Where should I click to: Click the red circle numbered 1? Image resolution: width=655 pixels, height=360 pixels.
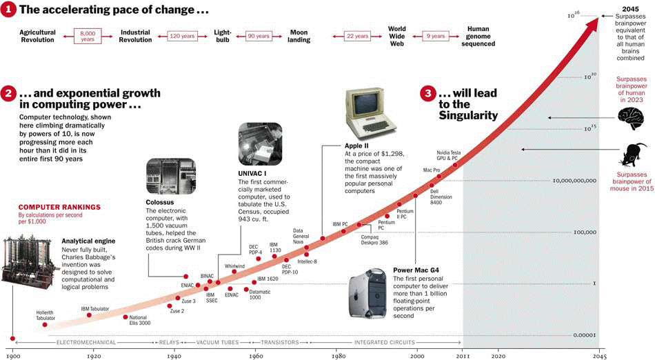pos(8,10)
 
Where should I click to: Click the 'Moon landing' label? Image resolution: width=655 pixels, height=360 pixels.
pos(299,36)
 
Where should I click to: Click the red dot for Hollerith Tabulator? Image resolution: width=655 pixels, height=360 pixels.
pos(46,324)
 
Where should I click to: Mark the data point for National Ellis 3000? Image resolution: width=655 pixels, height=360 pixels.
pos(125,317)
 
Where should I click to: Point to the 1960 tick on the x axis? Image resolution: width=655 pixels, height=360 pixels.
pos(256,356)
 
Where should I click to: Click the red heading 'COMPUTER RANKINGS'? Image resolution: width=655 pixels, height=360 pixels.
pos(59,206)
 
